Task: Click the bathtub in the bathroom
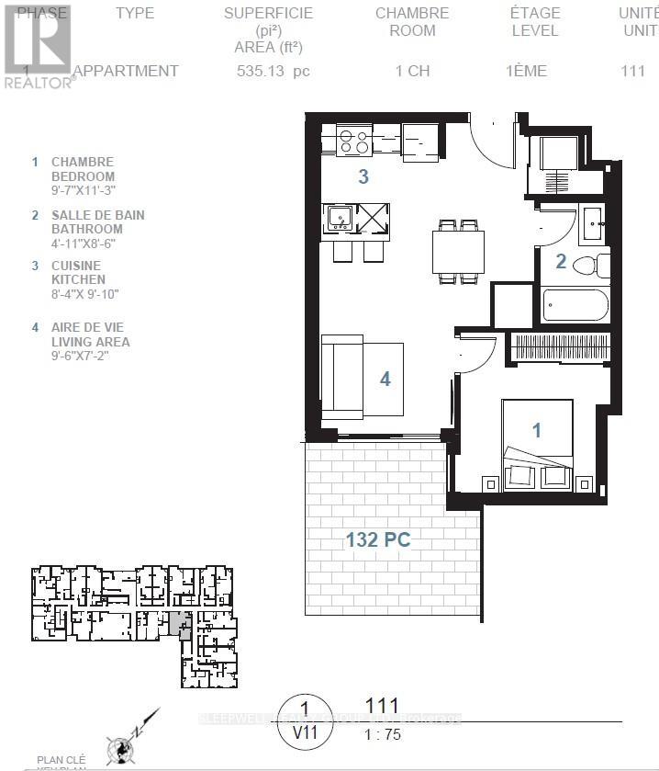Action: (575, 305)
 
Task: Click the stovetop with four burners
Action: (353, 141)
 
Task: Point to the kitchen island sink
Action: (339, 220)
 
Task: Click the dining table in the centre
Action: (458, 252)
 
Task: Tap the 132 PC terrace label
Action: (377, 539)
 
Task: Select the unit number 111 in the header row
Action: (633, 71)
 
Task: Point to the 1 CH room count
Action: (412, 71)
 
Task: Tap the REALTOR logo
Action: (37, 46)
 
